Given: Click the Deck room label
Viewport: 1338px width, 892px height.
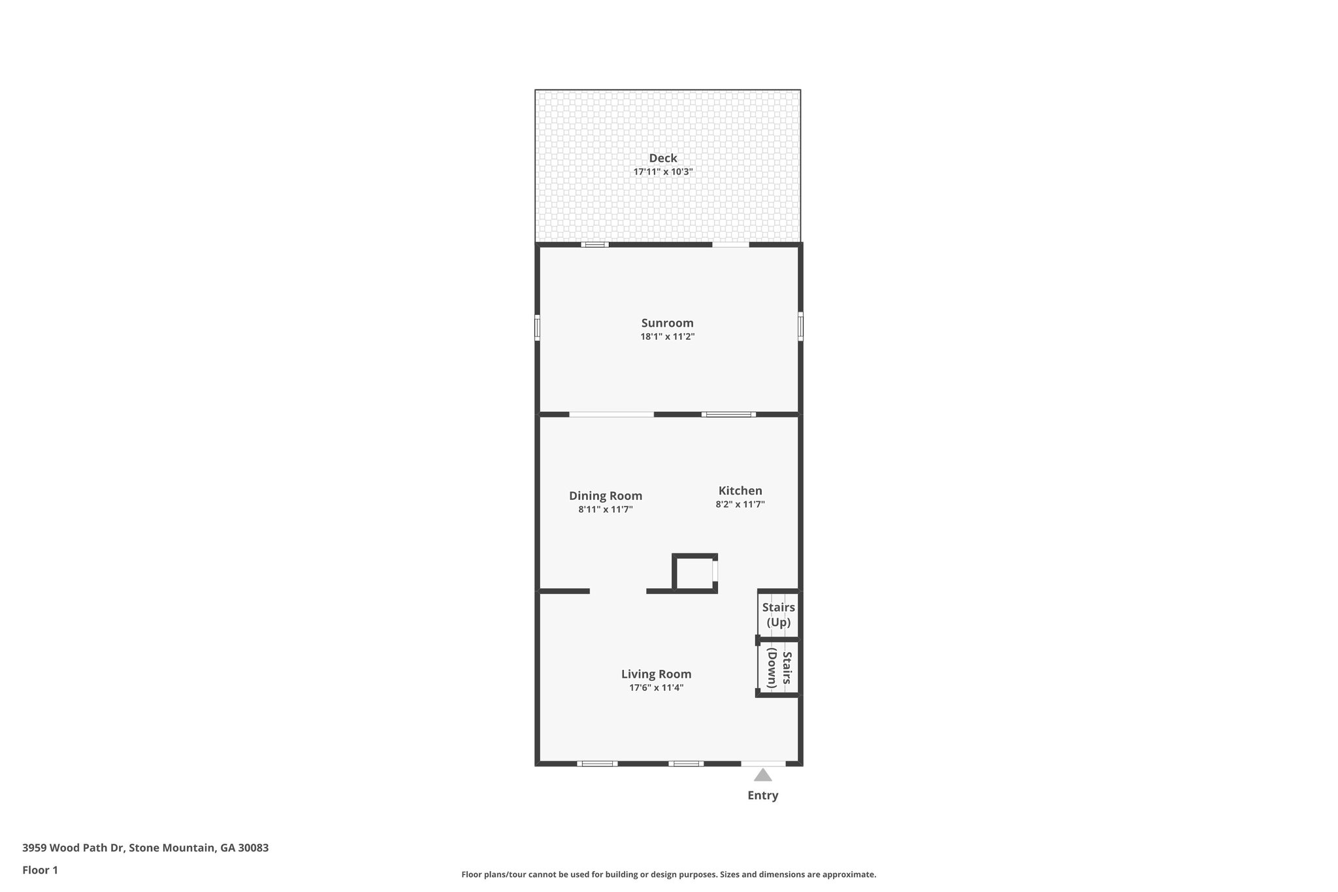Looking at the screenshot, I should (x=662, y=158).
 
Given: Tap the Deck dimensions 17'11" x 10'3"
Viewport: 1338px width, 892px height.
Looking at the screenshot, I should (x=662, y=172).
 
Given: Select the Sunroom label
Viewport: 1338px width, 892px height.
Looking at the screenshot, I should (x=667, y=323).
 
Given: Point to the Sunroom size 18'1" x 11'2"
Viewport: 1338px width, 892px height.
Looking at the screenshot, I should (x=667, y=337).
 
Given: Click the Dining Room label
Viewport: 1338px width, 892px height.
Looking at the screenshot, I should (x=605, y=495).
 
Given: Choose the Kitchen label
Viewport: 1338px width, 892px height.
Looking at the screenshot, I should (x=740, y=491).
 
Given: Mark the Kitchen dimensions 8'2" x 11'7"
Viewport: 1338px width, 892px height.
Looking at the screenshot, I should (x=740, y=504).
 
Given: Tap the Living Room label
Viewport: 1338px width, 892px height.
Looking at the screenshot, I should (x=656, y=674).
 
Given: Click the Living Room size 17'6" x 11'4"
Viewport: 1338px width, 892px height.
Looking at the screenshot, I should (x=656, y=687).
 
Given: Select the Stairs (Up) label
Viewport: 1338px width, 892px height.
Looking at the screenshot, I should (x=778, y=614).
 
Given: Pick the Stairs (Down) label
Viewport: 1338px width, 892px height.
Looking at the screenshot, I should (x=779, y=669).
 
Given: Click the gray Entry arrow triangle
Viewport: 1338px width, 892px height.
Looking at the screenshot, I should (x=762, y=776).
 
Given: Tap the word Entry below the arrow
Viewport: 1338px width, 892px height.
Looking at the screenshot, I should (x=762, y=795).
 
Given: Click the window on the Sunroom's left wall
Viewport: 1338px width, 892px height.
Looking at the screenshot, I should (x=537, y=328).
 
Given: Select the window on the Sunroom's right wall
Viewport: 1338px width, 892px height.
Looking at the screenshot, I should (x=800, y=325).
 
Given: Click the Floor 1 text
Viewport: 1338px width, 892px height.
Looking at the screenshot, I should (x=40, y=870).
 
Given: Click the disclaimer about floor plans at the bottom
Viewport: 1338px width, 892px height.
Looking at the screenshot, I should (x=668, y=874).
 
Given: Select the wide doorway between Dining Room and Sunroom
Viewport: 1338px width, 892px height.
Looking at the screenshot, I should (x=612, y=414).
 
